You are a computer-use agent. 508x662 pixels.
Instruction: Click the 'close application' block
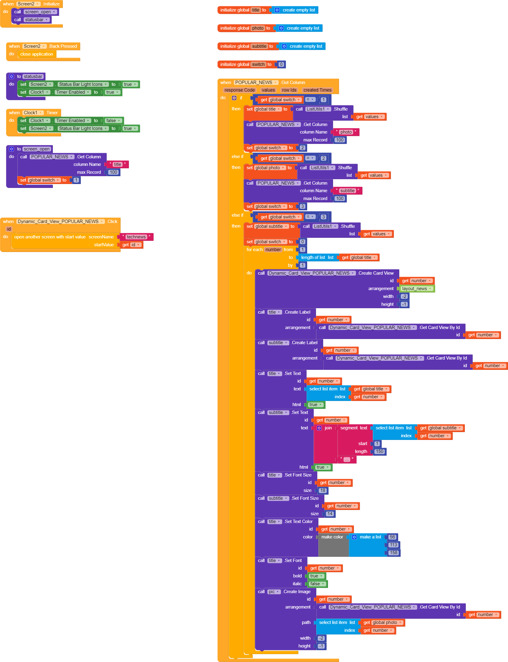[36, 54]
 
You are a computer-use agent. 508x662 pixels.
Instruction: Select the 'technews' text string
[136, 237]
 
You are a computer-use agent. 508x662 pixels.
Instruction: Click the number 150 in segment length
[379, 451]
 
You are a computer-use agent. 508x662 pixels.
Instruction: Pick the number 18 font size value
[323, 490]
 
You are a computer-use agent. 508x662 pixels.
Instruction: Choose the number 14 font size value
[330, 514]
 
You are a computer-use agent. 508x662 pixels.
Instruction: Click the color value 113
[393, 545]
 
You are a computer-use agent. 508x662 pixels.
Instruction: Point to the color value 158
[393, 553]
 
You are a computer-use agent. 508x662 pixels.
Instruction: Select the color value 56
[392, 537]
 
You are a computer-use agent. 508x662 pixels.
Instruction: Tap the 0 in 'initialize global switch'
[281, 64]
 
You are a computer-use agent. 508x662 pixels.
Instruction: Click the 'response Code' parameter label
[240, 90]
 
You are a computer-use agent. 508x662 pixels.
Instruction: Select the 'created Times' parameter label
[317, 90]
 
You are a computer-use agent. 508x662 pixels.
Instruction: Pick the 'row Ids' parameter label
[289, 90]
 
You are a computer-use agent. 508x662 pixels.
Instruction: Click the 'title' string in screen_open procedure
[117, 164]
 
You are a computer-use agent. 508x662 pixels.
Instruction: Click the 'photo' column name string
[346, 132]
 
